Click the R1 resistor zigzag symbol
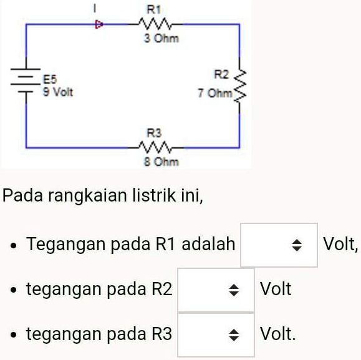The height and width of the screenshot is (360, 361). point(155,24)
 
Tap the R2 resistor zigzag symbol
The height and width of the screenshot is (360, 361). point(239,85)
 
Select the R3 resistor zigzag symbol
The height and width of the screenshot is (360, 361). point(155,148)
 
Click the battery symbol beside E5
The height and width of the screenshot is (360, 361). point(26,80)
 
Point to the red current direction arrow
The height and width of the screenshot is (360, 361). point(99,24)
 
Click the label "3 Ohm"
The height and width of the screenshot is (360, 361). point(161,38)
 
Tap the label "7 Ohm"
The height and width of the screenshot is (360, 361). point(215,93)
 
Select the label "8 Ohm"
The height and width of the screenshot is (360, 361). point(161,162)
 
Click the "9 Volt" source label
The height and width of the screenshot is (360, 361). point(58,92)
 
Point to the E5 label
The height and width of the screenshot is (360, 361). point(50,79)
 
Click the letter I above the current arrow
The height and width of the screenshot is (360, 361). point(94,9)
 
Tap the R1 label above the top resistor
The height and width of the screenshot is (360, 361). point(153,9)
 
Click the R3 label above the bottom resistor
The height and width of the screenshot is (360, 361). point(154,133)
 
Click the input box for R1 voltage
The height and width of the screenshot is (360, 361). point(279,245)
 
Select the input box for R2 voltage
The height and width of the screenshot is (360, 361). point(216,289)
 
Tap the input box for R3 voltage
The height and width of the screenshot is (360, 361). point(216,335)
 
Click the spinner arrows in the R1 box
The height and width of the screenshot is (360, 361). point(297,245)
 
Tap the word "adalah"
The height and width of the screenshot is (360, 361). point(208,244)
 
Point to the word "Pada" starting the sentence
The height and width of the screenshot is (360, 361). point(22,195)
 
